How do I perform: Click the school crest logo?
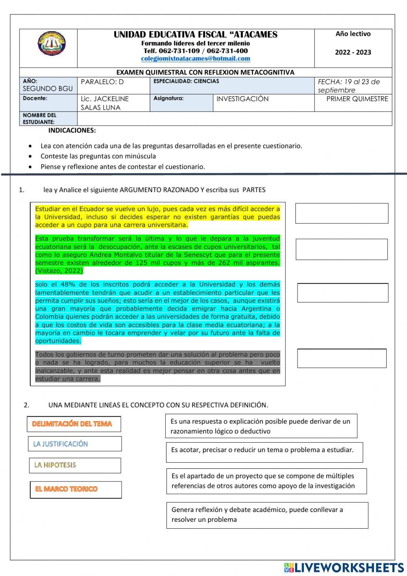coord(52,44)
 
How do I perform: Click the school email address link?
coord(195,59)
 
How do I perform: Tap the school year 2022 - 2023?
coord(353,52)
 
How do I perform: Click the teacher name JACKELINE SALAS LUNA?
coord(105,103)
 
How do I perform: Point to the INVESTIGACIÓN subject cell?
coord(243,99)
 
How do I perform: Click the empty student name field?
coord(234,119)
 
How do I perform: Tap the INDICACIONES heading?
coord(72,130)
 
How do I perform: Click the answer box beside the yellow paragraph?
coord(341,213)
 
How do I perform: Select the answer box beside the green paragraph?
coord(341,249)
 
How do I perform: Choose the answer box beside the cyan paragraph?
coord(342,293)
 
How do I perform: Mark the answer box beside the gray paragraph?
coord(341,358)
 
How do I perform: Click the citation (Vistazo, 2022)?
coord(59,271)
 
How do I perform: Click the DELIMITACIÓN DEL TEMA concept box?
coord(74,424)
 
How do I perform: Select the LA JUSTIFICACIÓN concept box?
coord(75,444)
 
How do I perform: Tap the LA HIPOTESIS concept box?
coord(75,465)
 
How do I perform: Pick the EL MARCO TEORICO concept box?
coord(76,490)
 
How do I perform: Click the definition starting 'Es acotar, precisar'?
coord(264,452)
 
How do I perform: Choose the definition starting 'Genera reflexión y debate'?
coord(267,515)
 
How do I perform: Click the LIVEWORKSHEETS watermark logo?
coord(344,567)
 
